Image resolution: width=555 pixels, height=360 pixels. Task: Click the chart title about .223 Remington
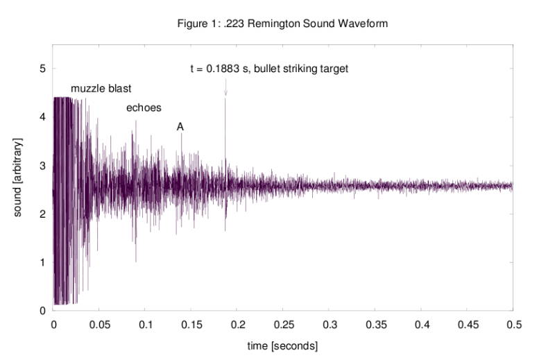[282, 24]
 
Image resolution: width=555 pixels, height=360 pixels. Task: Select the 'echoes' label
[144, 108]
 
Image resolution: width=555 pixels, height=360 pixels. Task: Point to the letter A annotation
[180, 127]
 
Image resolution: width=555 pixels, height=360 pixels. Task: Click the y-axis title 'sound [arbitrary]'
[19, 178]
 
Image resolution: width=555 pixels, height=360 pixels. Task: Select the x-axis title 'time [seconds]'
[283, 345]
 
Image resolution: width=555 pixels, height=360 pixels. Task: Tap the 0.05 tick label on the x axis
[99, 324]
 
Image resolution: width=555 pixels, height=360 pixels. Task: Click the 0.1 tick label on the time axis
[145, 324]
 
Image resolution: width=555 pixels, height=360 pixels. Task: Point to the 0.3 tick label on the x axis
[329, 324]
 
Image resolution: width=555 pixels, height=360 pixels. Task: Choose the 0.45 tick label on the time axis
[467, 324]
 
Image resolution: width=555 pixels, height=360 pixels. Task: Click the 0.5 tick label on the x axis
[513, 324]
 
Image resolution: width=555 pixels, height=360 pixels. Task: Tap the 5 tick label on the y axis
[43, 69]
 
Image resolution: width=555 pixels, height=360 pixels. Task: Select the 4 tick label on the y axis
[43, 117]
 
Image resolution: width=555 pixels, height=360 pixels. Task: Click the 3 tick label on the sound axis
[43, 166]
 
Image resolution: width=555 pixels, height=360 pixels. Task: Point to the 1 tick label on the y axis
[43, 262]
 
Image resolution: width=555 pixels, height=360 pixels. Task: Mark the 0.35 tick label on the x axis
[375, 324]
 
